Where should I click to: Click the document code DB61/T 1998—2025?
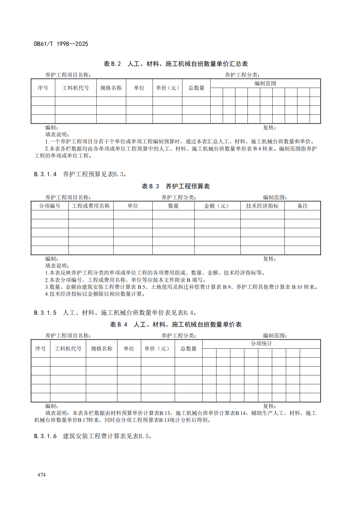pyautogui.click(x=61, y=44)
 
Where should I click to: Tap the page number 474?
pyautogui.click(x=41, y=475)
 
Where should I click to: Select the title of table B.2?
pyautogui.click(x=176, y=64)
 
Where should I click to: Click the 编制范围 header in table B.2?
pyautogui.click(x=265, y=83)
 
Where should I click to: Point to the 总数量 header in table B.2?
pyautogui.click(x=196, y=88)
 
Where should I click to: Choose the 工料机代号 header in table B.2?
pyautogui.click(x=76, y=88)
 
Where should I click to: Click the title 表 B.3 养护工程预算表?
pyautogui.click(x=176, y=186)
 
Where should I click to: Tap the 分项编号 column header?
pyautogui.click(x=50, y=206)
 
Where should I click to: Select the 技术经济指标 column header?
pyautogui.click(x=262, y=206)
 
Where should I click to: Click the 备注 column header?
pyautogui.click(x=302, y=206)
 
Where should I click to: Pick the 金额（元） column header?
pyautogui.click(x=217, y=206)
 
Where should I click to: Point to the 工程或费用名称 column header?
pyautogui.click(x=91, y=206)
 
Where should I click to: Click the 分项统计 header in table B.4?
pyautogui.click(x=261, y=344)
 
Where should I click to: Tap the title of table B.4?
pyautogui.click(x=176, y=325)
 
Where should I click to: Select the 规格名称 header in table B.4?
pyautogui.click(x=102, y=349)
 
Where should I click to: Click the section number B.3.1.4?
pyautogui.click(x=45, y=174)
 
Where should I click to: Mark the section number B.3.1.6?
pyautogui.click(x=45, y=436)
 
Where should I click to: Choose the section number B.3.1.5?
pyautogui.click(x=45, y=313)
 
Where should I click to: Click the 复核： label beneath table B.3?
pyautogui.click(x=269, y=259)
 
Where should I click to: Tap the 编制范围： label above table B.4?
pyautogui.click(x=275, y=335)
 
